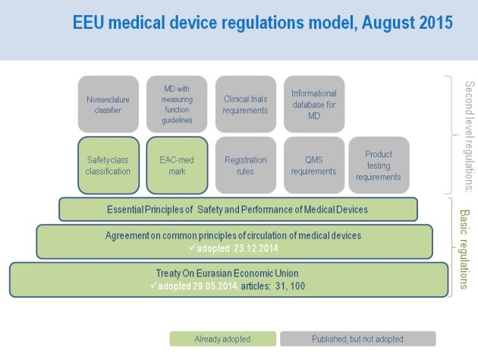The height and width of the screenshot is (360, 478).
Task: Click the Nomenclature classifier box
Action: click(108, 104)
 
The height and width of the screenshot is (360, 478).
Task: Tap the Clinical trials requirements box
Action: click(245, 104)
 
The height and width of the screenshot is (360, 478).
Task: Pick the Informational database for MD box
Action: click(313, 104)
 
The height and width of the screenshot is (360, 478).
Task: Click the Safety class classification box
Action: click(108, 165)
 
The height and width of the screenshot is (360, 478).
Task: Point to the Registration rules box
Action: click(245, 165)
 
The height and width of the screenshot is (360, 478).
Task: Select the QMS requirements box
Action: click(313, 165)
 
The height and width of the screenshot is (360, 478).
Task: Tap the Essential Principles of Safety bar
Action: click(238, 209)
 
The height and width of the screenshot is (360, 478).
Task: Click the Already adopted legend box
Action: click(222, 339)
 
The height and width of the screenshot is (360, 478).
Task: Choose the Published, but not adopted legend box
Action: click(357, 339)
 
